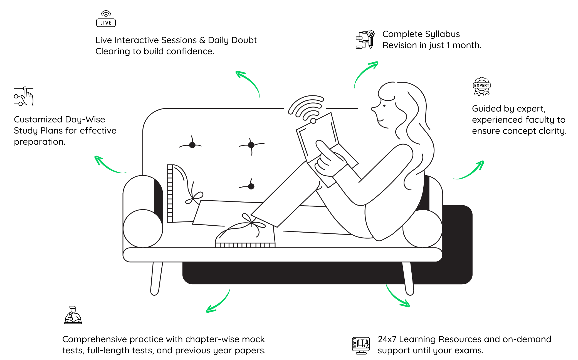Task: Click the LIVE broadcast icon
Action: pos(106,19)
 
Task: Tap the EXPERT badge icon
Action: pos(481,87)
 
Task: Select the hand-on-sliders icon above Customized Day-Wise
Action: pos(24,96)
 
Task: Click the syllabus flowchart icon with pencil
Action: pos(365,40)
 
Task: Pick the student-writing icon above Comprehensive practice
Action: pos(73,315)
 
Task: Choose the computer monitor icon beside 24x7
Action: pos(361,346)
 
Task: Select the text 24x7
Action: pos(387,339)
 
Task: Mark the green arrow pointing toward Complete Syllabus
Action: pos(365,73)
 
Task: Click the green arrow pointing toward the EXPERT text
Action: pos(470,171)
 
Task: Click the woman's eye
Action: pos(384,106)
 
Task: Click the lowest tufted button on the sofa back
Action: pos(251,186)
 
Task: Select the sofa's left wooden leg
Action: pos(156,278)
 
